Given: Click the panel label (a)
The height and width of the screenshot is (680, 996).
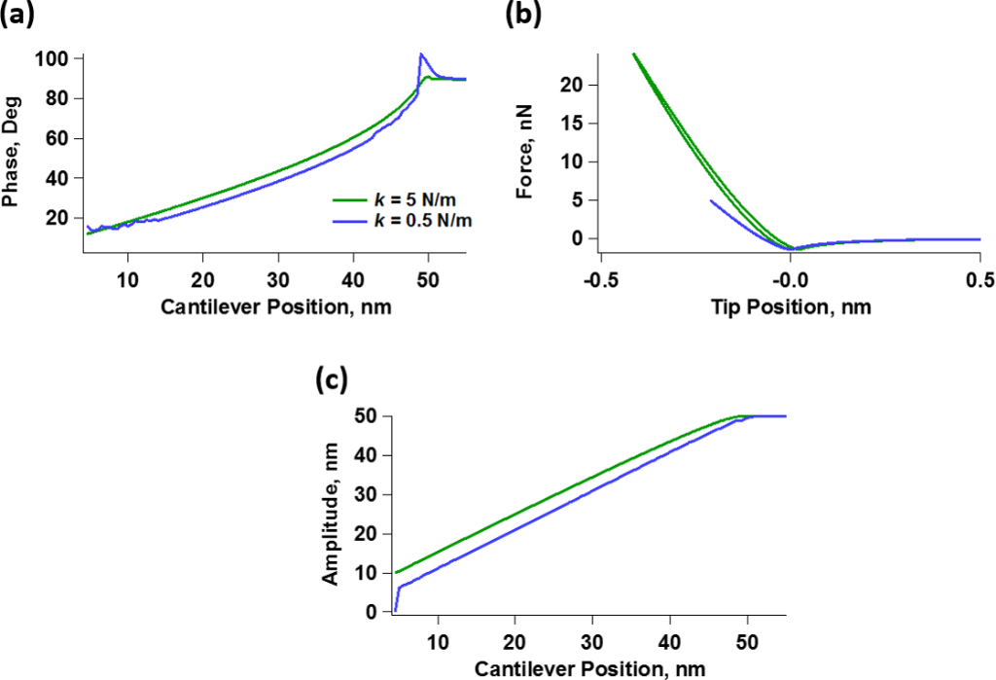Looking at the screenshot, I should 21,14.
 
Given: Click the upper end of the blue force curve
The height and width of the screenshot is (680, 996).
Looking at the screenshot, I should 712,200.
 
